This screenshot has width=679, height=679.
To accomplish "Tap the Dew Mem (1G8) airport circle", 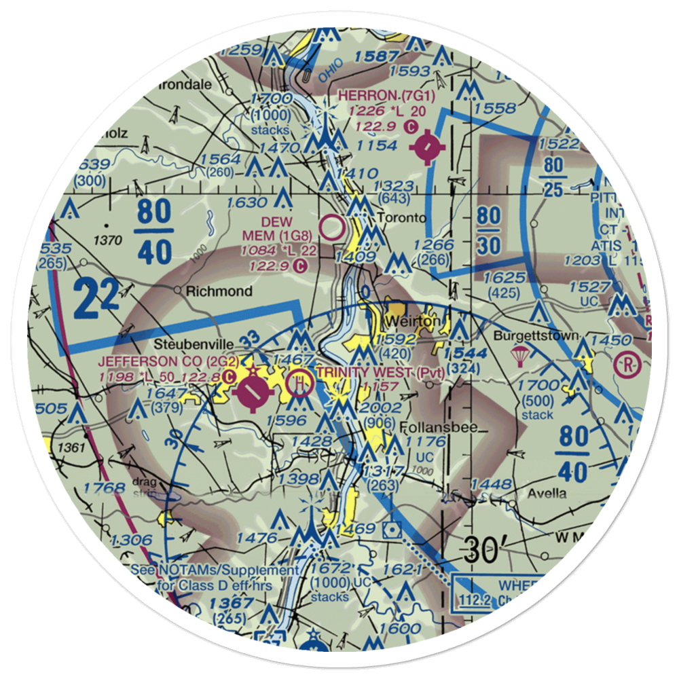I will tap(331, 228).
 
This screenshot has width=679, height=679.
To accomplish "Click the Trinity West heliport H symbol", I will tap(299, 384).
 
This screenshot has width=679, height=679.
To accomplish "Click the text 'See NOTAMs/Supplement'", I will tap(215, 571).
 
